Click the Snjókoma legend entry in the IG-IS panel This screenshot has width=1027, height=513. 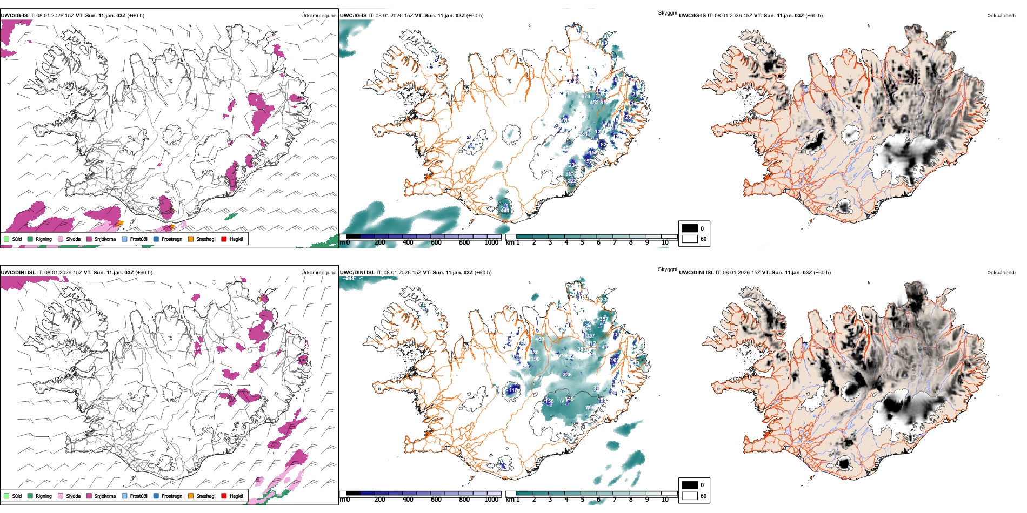(x=105, y=239)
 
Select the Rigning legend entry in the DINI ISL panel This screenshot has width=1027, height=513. (x=44, y=496)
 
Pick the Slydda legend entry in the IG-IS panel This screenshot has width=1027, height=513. (x=73, y=239)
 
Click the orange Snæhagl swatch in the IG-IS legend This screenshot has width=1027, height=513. (x=191, y=239)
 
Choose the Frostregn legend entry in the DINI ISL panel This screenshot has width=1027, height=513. (x=171, y=496)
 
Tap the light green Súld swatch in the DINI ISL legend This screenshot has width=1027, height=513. (x=6, y=496)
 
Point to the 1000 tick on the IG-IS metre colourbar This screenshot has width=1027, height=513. (x=491, y=242)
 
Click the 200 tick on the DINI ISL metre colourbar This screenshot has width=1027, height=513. (x=380, y=500)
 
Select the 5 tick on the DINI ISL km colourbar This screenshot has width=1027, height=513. (x=582, y=500)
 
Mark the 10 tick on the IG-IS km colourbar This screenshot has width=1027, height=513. (x=665, y=242)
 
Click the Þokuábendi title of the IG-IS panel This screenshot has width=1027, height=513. (x=1001, y=16)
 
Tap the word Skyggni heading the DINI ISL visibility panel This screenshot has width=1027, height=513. (x=667, y=269)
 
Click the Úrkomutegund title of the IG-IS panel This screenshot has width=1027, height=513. (x=318, y=16)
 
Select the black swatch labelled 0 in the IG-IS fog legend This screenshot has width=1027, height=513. (x=690, y=228)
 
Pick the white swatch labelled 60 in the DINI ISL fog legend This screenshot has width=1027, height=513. (x=690, y=496)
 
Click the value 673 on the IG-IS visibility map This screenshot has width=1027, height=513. (x=586, y=97)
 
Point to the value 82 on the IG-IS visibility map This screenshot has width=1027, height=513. (x=603, y=145)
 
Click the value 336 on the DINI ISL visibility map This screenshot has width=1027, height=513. (x=567, y=374)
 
